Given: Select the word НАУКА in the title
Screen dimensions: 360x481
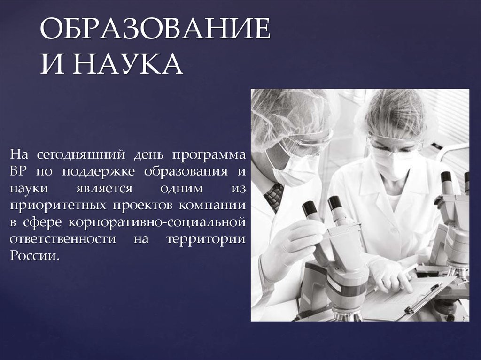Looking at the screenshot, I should (x=128, y=65).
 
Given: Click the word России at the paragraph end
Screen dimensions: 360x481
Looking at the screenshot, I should (x=35, y=256).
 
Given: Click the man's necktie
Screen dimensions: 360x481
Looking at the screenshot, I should (x=273, y=195).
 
